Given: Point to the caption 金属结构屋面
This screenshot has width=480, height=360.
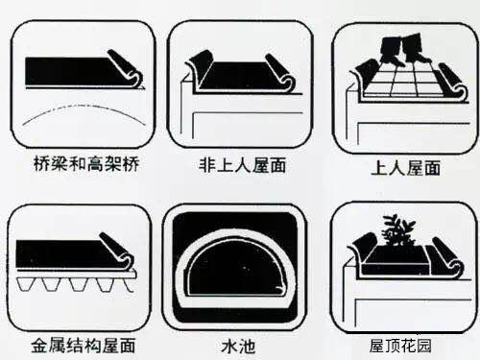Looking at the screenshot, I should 83,344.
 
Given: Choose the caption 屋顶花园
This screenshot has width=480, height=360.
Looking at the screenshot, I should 403,344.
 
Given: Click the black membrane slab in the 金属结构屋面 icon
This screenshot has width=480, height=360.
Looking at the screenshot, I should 62,253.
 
